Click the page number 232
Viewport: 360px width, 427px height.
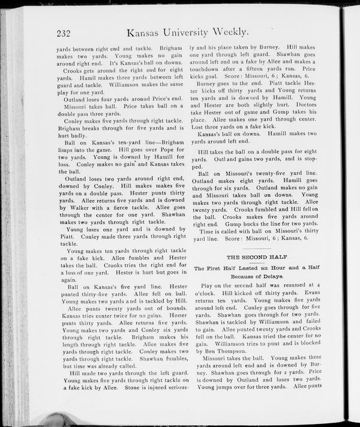point(65,34)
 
